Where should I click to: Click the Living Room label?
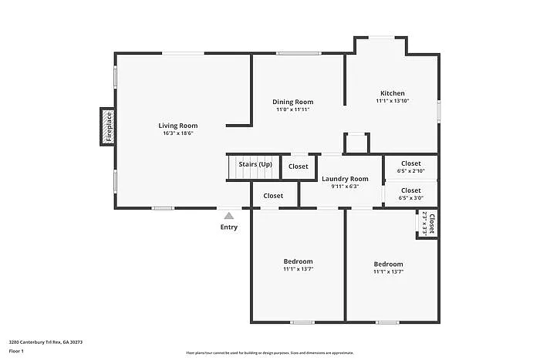point(178,126)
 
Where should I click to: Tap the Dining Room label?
point(293,102)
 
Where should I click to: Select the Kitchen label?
point(392,93)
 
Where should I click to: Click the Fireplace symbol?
point(107,126)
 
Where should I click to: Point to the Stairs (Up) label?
point(255,164)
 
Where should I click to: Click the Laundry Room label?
point(345,179)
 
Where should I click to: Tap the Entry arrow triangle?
point(228,217)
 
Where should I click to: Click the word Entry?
point(229,227)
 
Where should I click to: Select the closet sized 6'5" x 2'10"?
point(410,167)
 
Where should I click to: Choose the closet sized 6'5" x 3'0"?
point(410,193)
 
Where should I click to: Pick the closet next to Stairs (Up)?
point(299,167)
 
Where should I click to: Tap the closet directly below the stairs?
point(273,196)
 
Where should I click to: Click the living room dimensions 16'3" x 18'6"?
point(178,133)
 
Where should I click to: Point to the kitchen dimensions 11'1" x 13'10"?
point(392,101)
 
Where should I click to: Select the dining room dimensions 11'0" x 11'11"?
point(293,109)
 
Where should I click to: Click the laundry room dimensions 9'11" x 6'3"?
point(345,186)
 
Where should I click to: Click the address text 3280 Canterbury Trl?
point(46,341)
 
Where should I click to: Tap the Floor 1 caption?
point(17,351)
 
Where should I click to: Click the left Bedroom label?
point(298,261)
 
